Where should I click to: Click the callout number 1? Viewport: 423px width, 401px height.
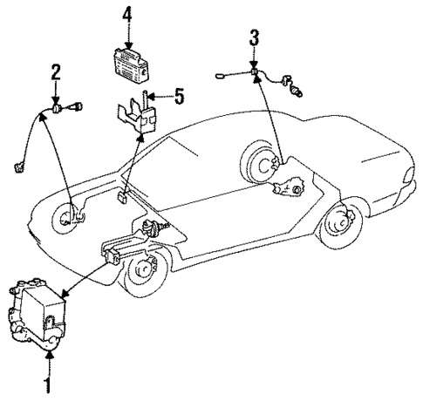[48, 384]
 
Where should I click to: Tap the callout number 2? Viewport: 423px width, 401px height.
[56, 72]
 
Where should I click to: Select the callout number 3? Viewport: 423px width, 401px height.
[254, 37]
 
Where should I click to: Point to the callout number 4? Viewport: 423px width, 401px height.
[128, 15]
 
